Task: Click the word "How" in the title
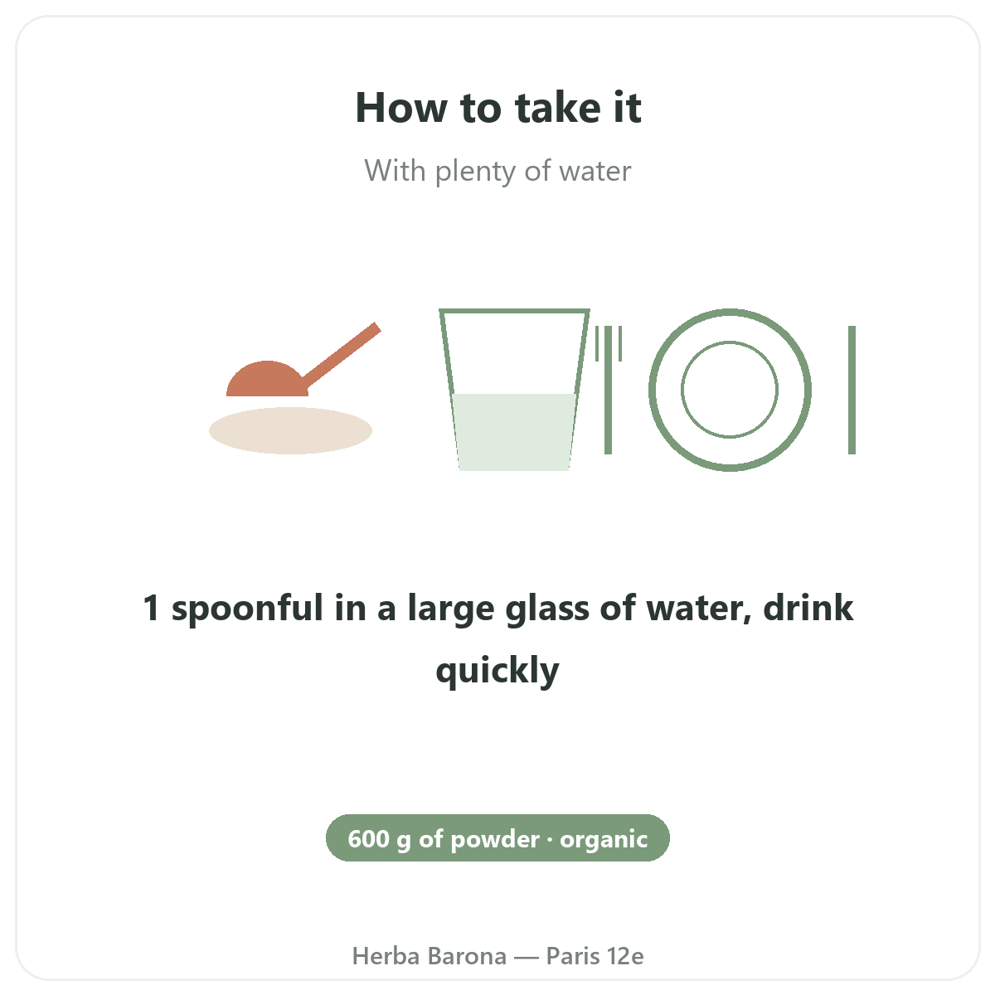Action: click(x=401, y=108)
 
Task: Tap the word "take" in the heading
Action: click(x=558, y=108)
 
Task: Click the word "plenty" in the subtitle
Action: click(x=475, y=172)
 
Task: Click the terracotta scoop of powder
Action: click(x=267, y=381)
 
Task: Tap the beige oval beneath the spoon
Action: click(x=290, y=430)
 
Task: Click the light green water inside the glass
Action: click(x=514, y=432)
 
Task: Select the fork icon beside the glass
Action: click(x=609, y=390)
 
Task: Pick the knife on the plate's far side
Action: click(x=852, y=390)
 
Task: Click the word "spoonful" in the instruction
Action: click(x=247, y=609)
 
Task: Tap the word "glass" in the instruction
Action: click(x=547, y=609)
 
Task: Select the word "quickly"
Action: click(x=498, y=671)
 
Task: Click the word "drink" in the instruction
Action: click(x=808, y=607)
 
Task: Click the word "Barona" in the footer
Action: click(x=468, y=956)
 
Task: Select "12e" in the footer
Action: click(x=625, y=956)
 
